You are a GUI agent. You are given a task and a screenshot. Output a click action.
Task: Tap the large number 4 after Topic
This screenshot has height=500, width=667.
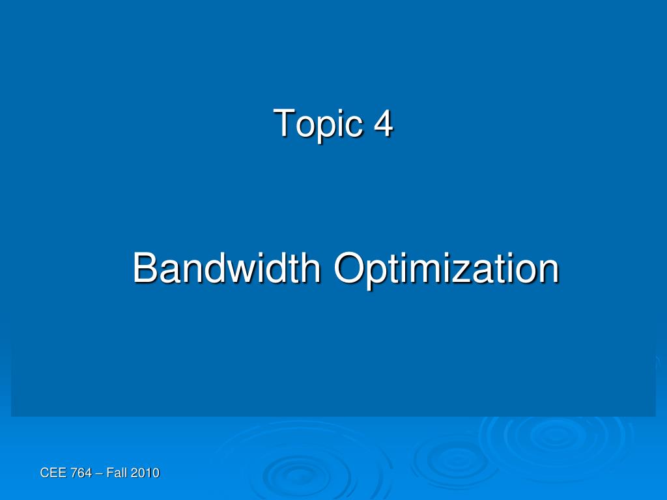coord(383,122)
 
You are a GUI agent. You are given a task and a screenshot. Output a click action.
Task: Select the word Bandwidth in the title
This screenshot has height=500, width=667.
coord(227,268)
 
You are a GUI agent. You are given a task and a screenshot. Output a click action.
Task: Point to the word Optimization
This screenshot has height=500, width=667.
coord(447,269)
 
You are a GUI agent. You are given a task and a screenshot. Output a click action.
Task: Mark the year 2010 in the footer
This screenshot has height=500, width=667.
coord(145,473)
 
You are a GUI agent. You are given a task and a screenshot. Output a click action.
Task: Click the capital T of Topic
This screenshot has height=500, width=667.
coord(284,122)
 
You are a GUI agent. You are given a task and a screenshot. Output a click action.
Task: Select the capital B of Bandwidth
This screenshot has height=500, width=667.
coord(145,268)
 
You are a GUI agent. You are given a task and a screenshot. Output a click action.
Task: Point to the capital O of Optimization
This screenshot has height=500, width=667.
coord(349,268)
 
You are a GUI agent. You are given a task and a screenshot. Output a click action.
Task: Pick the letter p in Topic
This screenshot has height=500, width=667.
coord(326,128)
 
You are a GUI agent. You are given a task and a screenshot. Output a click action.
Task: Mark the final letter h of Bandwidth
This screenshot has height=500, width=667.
coord(311,268)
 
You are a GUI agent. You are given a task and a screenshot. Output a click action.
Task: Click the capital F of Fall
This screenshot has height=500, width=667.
coord(109,473)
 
